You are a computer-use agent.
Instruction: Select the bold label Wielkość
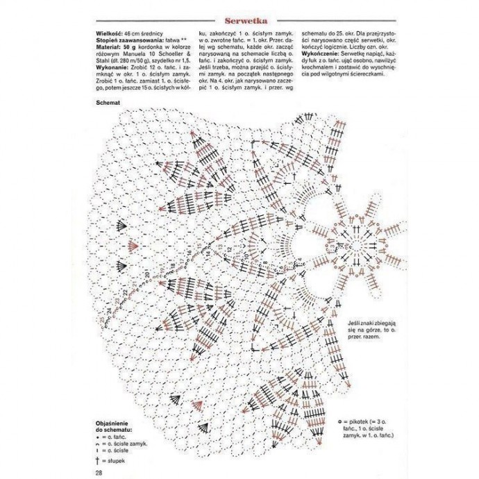coord(112,33)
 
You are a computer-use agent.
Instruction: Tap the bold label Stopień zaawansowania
coord(129,40)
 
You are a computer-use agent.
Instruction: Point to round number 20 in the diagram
coord(149,277)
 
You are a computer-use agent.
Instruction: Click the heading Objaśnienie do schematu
coord(117,426)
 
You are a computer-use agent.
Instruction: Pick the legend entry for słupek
coord(115,461)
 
